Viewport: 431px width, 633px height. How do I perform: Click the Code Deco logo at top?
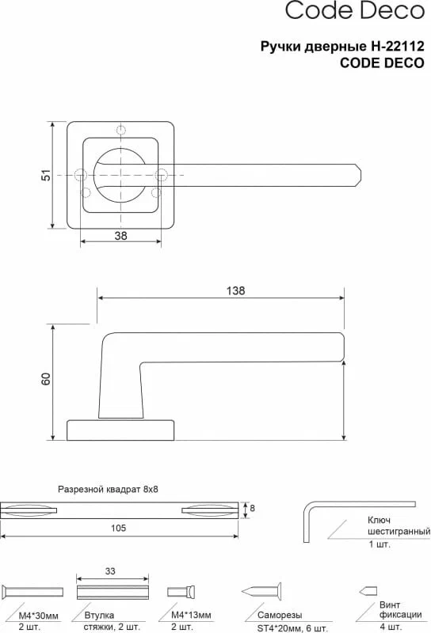point(355,10)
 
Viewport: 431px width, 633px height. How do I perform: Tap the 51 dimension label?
point(47,175)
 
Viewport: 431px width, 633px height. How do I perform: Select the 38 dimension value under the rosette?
point(120,235)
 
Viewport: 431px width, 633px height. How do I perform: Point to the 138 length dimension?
point(235,290)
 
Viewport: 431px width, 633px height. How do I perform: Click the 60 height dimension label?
point(46,379)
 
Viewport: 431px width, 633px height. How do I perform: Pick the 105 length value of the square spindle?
point(119,528)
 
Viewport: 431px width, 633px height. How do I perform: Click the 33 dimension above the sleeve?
point(110,571)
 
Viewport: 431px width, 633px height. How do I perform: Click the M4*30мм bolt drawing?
point(32,592)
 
